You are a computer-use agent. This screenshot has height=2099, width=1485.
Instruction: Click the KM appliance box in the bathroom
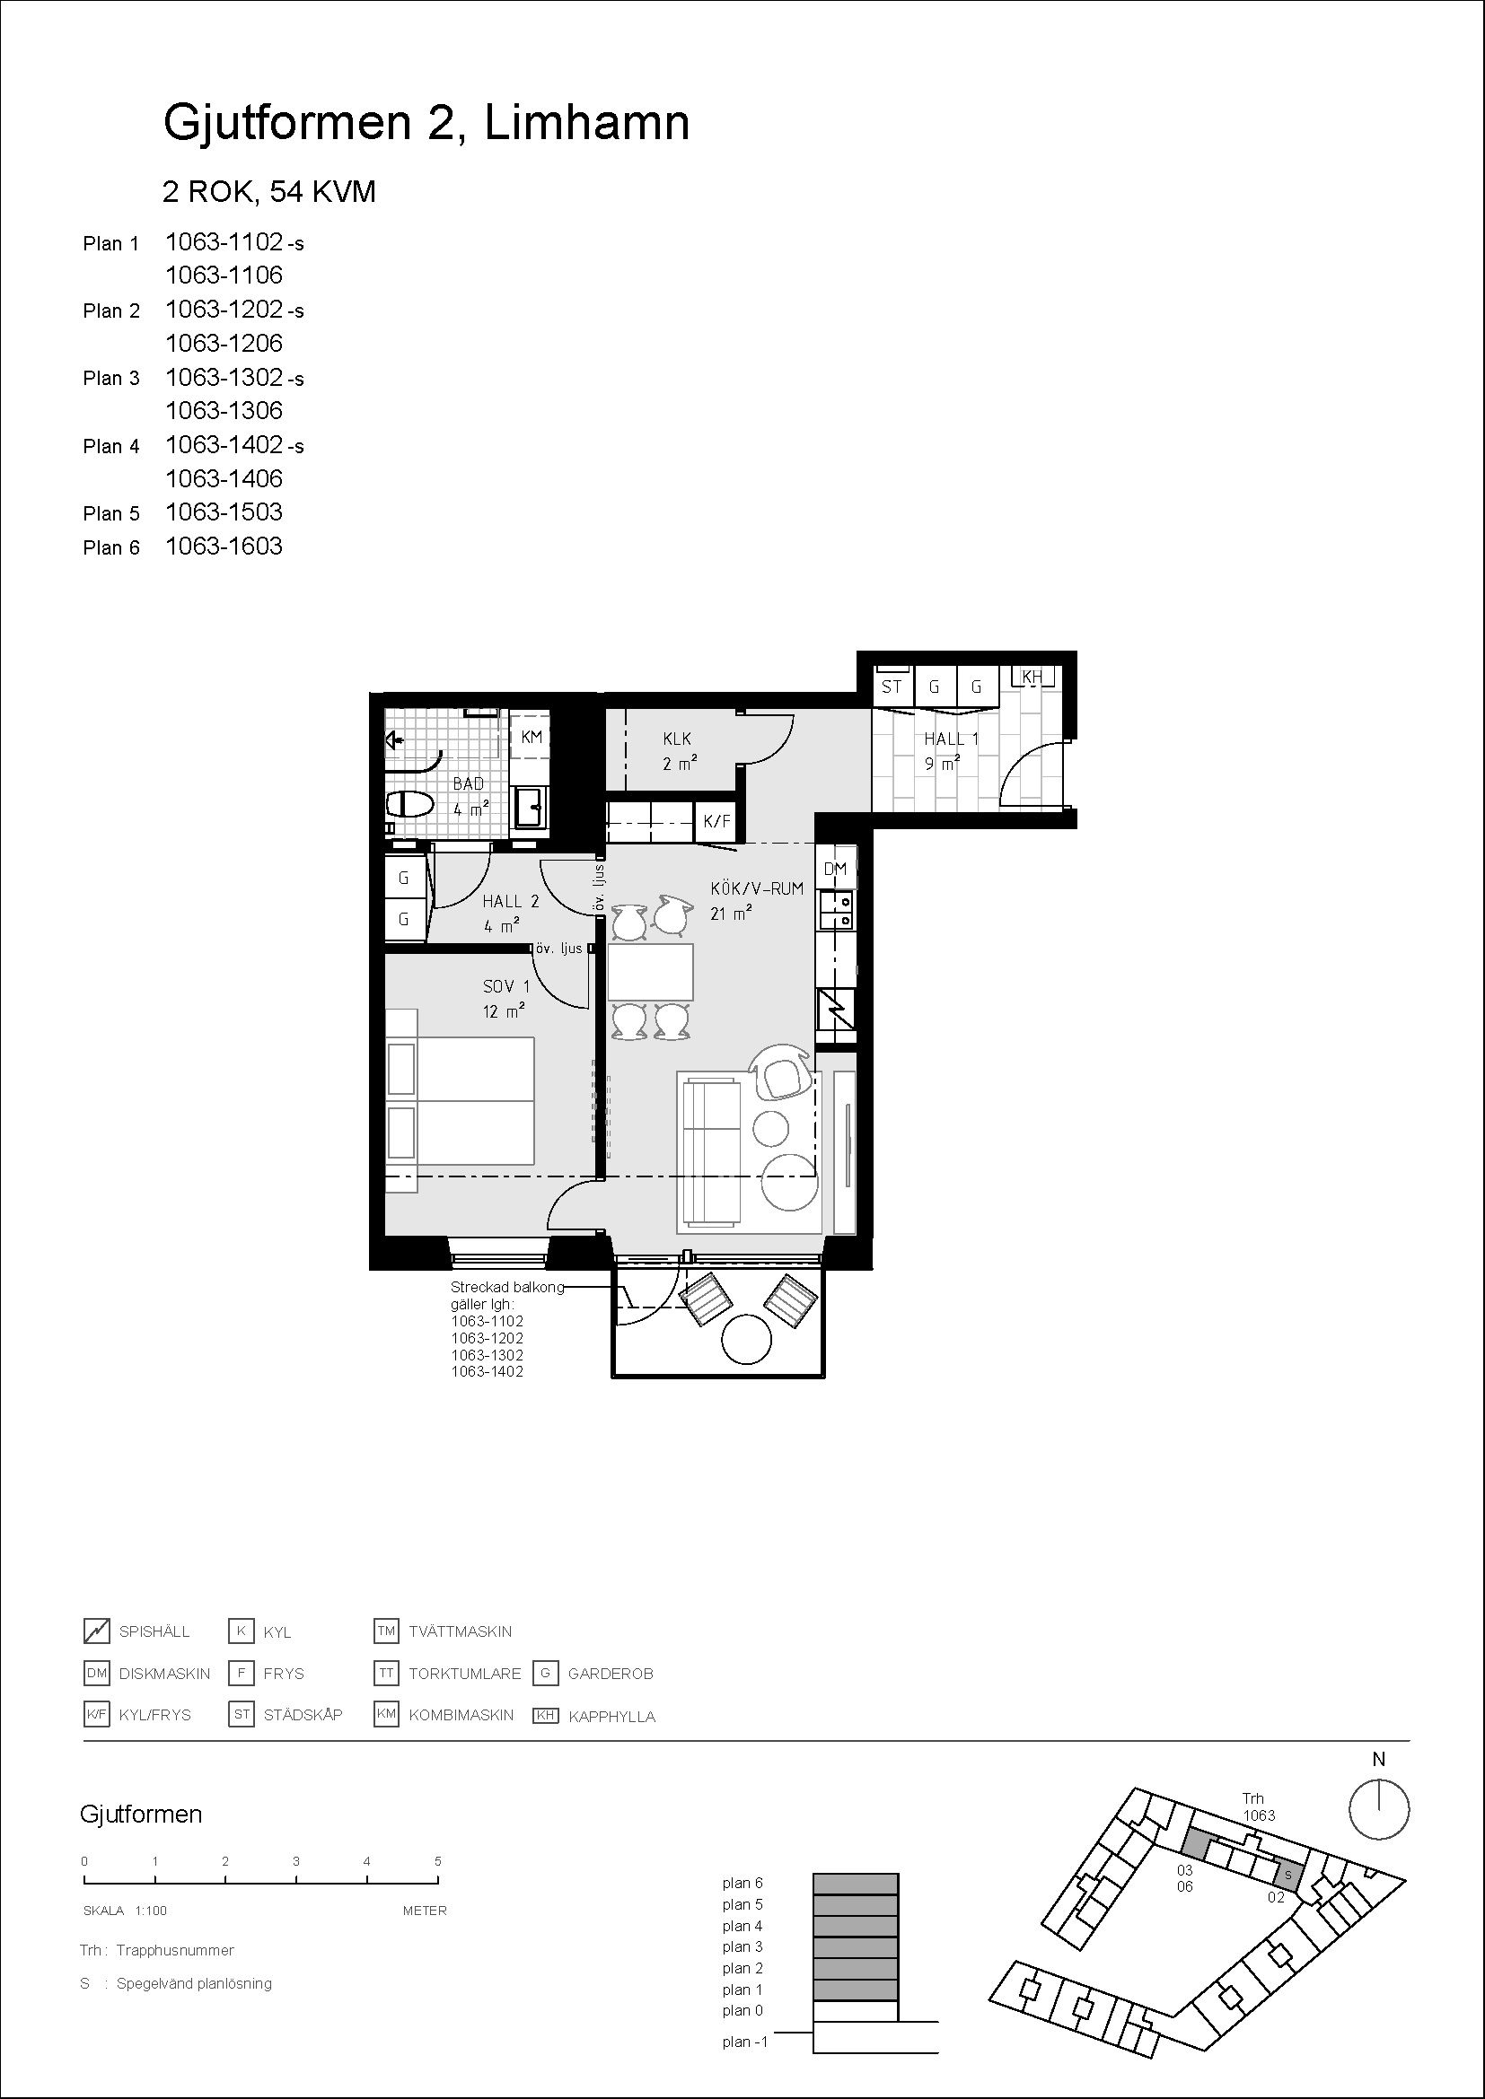click(x=531, y=737)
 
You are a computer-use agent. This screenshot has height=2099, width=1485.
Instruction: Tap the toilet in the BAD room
click(x=409, y=805)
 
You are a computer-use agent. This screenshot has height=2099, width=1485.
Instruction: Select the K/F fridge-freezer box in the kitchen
click(x=716, y=821)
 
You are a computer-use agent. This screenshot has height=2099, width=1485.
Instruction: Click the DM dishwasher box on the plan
click(x=836, y=869)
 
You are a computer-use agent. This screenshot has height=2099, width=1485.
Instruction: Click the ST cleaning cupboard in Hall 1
click(x=892, y=687)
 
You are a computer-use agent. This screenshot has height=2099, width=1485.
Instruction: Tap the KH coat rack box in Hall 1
click(x=1032, y=678)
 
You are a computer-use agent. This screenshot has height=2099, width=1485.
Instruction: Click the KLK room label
click(x=678, y=739)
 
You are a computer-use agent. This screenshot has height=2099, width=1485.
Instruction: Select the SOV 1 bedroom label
click(x=506, y=986)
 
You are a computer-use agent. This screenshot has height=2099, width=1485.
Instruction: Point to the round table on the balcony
click(x=746, y=1339)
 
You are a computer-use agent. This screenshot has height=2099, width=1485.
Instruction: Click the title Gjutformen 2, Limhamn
click(x=426, y=124)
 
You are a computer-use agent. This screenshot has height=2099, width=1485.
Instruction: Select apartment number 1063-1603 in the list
click(x=224, y=547)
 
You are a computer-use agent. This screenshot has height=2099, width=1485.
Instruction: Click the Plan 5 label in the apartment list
click(x=111, y=514)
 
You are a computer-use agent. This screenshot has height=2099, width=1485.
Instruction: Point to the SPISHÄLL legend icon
click(x=97, y=1630)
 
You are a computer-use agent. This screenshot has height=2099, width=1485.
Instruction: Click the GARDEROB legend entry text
click(x=611, y=1674)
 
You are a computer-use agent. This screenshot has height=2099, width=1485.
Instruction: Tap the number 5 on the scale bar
click(x=438, y=1861)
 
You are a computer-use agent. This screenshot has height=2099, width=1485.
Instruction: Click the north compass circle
click(x=1379, y=1809)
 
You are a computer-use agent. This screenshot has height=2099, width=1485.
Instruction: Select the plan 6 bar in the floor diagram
click(x=856, y=1884)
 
